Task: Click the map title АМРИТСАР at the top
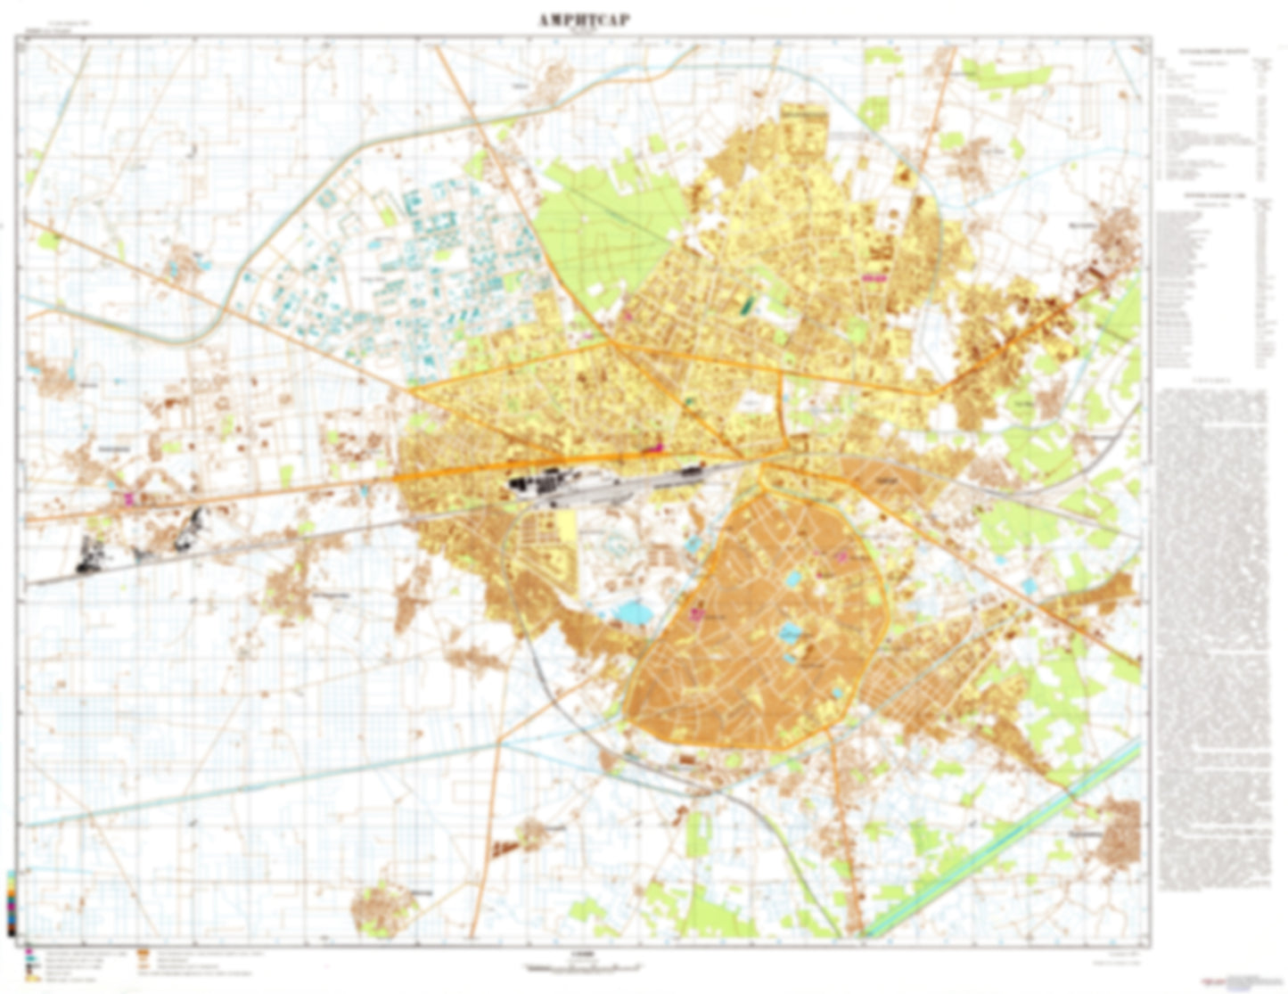coord(584,21)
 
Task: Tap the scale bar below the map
coord(584,966)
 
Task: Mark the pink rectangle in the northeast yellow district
coord(874,278)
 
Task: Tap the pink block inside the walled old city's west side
coord(698,613)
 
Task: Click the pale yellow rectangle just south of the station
coord(566,525)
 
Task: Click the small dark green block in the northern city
coord(746,305)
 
